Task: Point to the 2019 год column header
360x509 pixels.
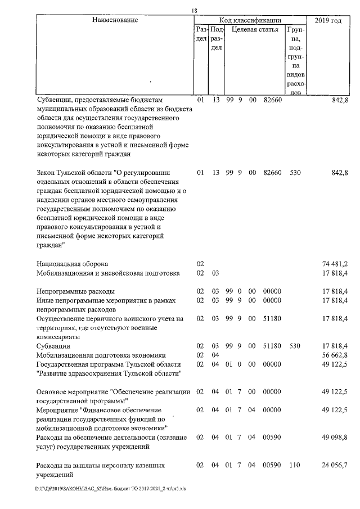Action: (x=329, y=20)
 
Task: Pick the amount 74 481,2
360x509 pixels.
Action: (x=334, y=263)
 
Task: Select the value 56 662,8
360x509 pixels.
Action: (x=334, y=355)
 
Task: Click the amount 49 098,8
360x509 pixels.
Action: (x=334, y=437)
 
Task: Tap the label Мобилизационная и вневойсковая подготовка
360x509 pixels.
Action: (x=107, y=273)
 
